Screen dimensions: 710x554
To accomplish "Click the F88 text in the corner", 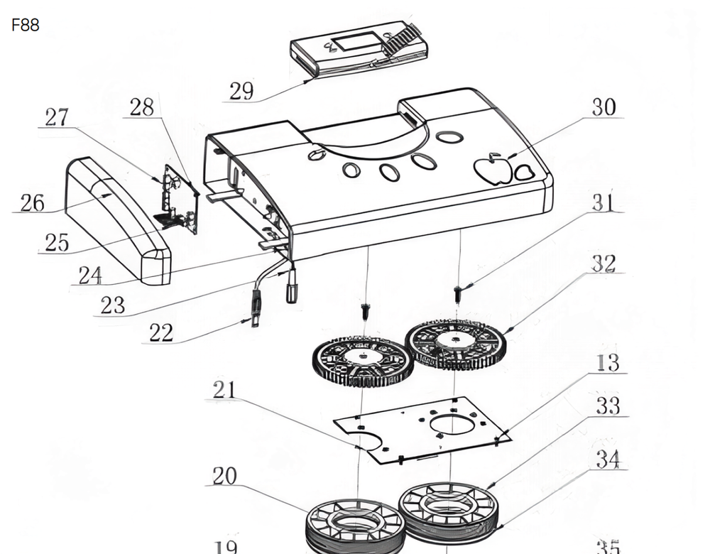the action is pyautogui.click(x=26, y=25).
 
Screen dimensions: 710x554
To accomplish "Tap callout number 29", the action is pyautogui.click(x=241, y=91).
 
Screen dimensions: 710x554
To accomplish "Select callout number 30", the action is pyautogui.click(x=604, y=107).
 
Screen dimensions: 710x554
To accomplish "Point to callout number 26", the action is pyautogui.click(x=32, y=202).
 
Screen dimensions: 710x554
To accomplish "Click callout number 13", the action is pyautogui.click(x=608, y=363).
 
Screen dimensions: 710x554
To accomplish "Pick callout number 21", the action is pyautogui.click(x=224, y=389).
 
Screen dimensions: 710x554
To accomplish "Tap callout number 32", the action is pyautogui.click(x=604, y=264).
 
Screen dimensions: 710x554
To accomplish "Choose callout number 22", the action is pyautogui.click(x=161, y=333).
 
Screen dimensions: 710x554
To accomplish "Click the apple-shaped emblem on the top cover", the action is pyautogui.click(x=493, y=170).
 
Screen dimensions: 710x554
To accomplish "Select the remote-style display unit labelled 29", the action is pyautogui.click(x=359, y=49).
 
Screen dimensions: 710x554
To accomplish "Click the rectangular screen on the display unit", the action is pyautogui.click(x=356, y=41).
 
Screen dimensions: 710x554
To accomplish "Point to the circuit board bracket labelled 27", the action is pyautogui.click(x=180, y=200).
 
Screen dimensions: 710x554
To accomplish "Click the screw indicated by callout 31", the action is pyautogui.click(x=459, y=294).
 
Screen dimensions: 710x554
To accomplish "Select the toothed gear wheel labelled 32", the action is pyautogui.click(x=456, y=344).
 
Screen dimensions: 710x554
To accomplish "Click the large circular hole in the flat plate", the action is pyautogui.click(x=452, y=425).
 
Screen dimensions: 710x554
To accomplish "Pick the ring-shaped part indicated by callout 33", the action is pyautogui.click(x=448, y=512).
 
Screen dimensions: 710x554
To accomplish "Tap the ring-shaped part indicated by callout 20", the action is pyautogui.click(x=356, y=526).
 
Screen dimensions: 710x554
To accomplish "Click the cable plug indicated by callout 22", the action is pyautogui.click(x=256, y=308).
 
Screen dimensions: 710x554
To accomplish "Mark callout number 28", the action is pyautogui.click(x=142, y=107).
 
